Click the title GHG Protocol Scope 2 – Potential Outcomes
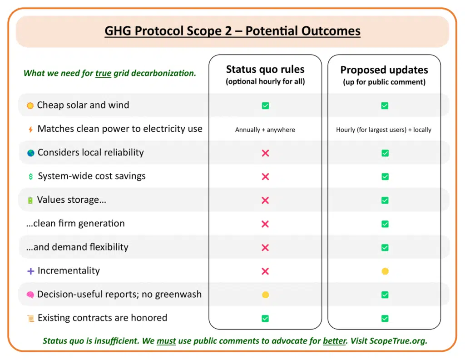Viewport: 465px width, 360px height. click(x=232, y=31)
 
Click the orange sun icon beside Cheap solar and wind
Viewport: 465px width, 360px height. click(x=30, y=105)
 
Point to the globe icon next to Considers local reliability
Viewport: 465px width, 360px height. click(x=30, y=153)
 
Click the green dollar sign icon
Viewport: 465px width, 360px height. click(x=30, y=176)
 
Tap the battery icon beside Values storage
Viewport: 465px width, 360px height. click(x=30, y=200)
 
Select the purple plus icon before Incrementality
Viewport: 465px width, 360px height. click(x=30, y=271)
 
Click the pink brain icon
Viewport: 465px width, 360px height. click(x=30, y=295)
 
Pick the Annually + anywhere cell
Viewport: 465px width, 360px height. click(x=265, y=130)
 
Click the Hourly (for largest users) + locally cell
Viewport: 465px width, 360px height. click(x=384, y=130)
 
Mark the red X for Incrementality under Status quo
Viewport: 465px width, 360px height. click(x=265, y=271)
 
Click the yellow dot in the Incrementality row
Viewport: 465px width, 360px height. click(x=385, y=271)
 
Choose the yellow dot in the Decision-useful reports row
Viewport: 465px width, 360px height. click(x=265, y=295)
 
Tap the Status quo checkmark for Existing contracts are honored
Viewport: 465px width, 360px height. click(x=265, y=319)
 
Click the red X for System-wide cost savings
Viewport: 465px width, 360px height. click(x=265, y=176)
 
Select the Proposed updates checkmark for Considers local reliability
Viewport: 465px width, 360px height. click(x=385, y=153)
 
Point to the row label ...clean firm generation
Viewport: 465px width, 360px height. click(x=75, y=223)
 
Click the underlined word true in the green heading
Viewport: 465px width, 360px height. click(x=103, y=73)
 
